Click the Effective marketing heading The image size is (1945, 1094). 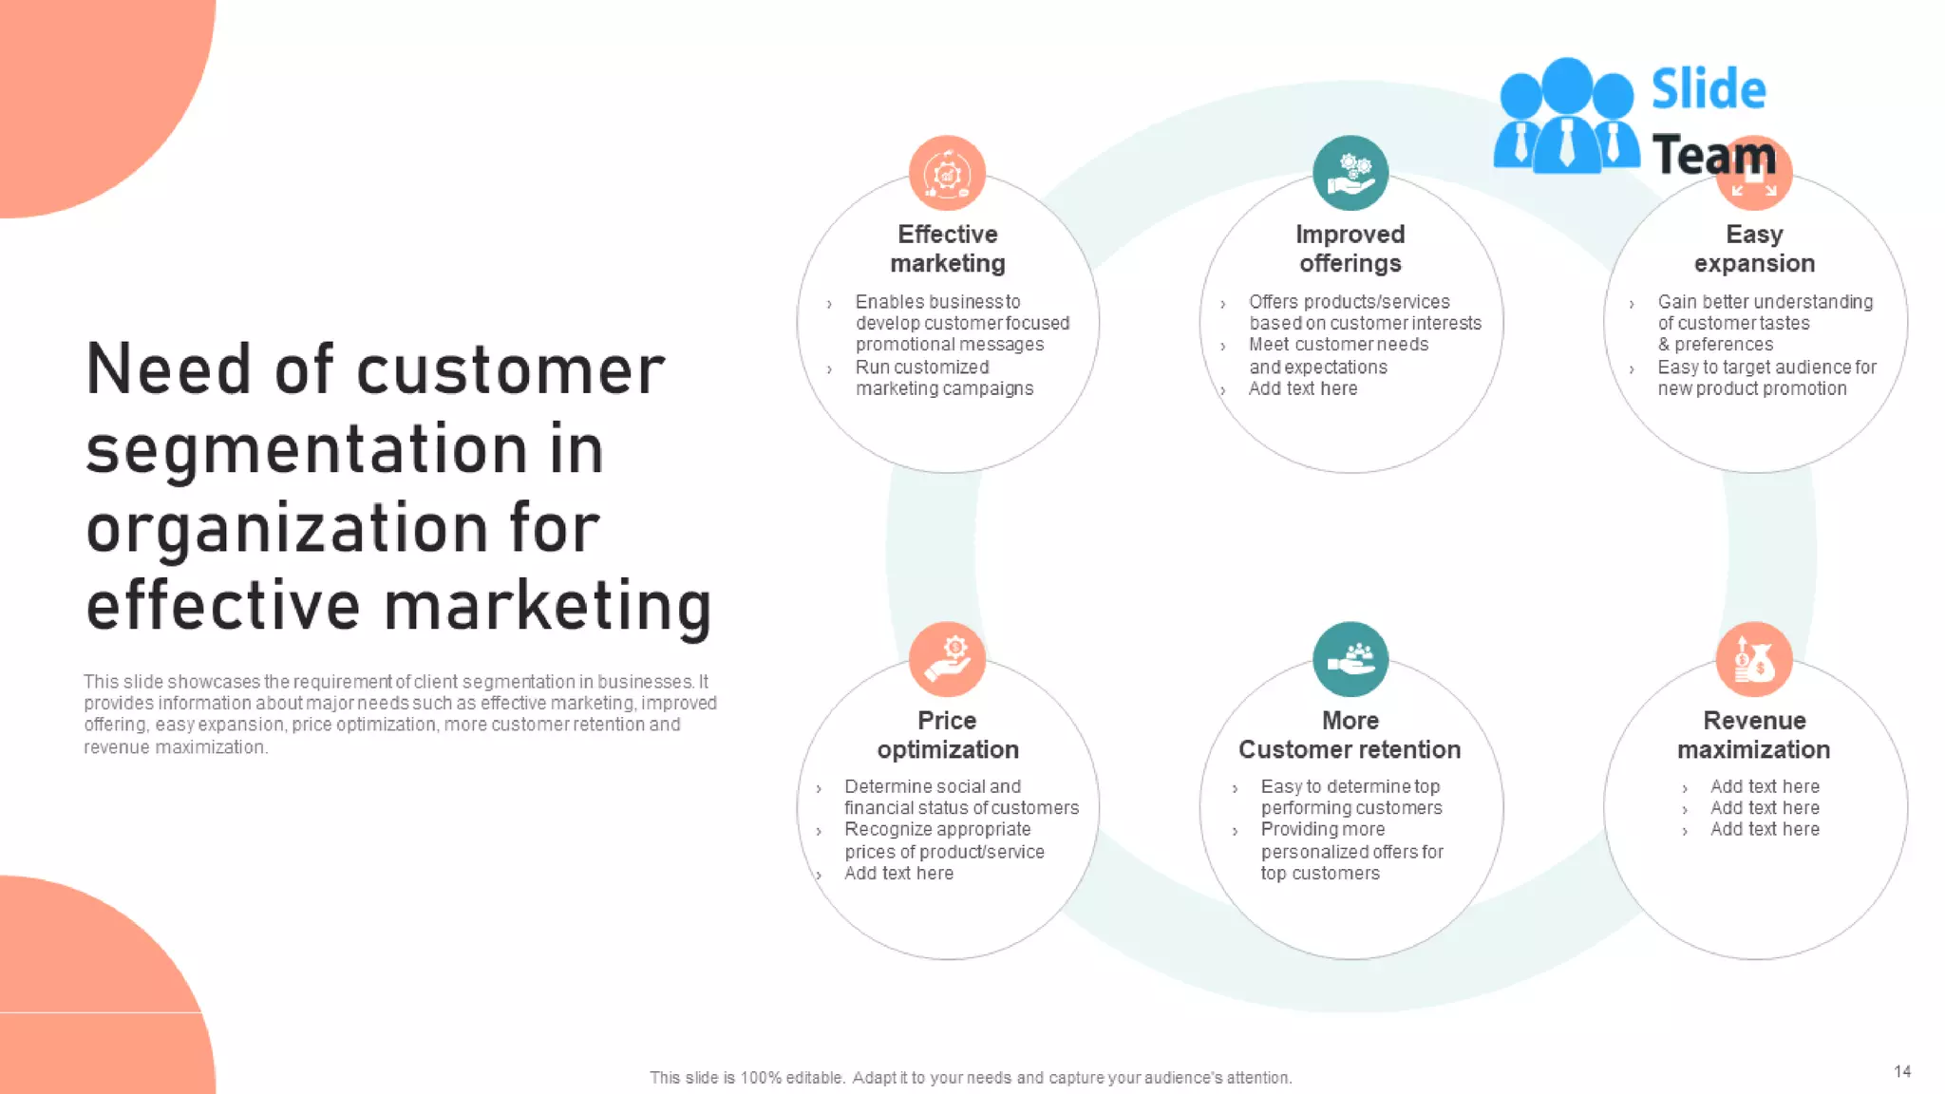[947, 249]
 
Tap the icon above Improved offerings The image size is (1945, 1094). [1350, 173]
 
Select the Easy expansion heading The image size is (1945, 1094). [1753, 249]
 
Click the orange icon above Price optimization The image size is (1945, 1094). [947, 659]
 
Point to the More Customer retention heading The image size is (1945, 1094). [1350, 735]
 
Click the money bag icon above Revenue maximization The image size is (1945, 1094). [1753, 659]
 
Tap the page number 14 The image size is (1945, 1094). [1901, 1071]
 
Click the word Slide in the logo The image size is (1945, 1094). [1708, 89]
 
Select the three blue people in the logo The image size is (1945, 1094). [1565, 118]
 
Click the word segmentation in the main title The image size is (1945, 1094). [345, 450]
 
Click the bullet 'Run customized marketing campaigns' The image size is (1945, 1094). [943, 378]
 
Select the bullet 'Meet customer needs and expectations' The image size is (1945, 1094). [1337, 355]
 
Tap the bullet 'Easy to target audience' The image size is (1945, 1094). [1766, 378]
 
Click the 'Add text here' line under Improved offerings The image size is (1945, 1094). [1302, 388]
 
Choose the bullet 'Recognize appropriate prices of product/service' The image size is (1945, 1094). [943, 840]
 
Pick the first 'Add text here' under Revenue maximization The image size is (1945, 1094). [1764, 786]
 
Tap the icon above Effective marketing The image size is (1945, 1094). [947, 173]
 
